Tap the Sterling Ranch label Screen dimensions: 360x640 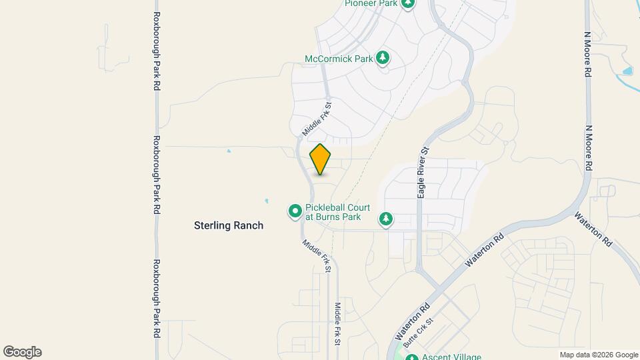point(228,225)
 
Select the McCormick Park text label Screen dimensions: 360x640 point(338,59)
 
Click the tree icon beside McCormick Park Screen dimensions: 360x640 point(383,58)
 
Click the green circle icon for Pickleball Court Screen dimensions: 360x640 point(295,211)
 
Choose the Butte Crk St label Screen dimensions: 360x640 point(418,331)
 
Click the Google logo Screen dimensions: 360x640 point(22,352)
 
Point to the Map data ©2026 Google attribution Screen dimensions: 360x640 point(598,355)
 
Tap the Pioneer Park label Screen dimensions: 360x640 point(371,3)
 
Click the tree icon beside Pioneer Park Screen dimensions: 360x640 point(408,3)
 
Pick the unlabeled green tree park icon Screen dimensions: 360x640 point(385,218)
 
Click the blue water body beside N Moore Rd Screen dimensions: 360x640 point(626,71)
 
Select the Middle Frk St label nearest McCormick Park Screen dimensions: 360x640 point(317,119)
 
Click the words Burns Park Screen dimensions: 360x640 point(337,217)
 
